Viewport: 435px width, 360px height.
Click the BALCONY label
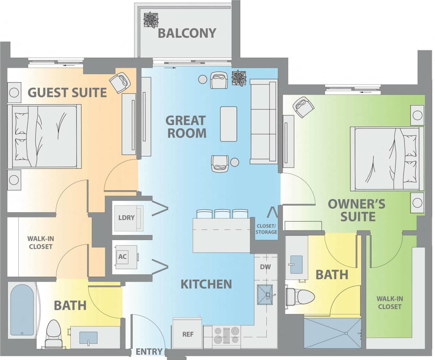click(x=187, y=33)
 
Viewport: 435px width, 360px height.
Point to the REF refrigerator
click(x=187, y=334)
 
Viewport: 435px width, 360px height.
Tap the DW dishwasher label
click(x=265, y=267)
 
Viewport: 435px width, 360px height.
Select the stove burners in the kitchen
click(x=226, y=335)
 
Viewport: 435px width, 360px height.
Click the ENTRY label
click(x=149, y=352)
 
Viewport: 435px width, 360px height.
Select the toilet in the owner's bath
click(x=300, y=296)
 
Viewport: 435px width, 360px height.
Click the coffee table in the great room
click(x=229, y=124)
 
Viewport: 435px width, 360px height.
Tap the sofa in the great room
click(x=263, y=121)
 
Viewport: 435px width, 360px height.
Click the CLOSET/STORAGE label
click(x=266, y=229)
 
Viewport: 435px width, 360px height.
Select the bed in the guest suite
click(x=44, y=136)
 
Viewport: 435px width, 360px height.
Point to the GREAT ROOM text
click(x=186, y=126)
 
